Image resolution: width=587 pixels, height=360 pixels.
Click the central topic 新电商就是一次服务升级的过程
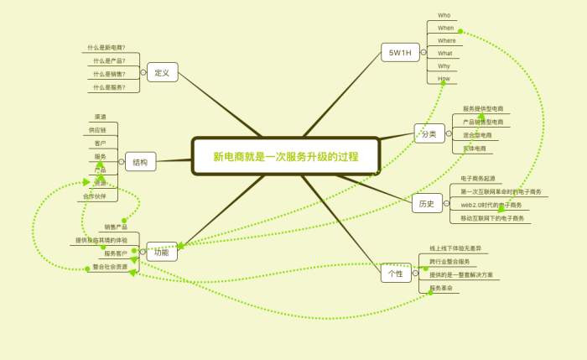pyautogui.click(x=286, y=156)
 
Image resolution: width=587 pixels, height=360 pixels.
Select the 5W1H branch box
pyautogui.click(x=399, y=53)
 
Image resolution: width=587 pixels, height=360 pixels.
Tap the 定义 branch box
pyautogui.click(x=162, y=73)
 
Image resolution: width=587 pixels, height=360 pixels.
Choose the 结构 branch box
pyautogui.click(x=140, y=162)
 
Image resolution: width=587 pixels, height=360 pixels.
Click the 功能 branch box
pyautogui.click(x=162, y=252)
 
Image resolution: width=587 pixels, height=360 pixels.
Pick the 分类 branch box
pyautogui.click(x=429, y=134)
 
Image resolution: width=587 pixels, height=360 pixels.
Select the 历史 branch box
pyautogui.click(x=427, y=203)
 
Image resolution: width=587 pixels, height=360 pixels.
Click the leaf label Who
pyautogui.click(x=444, y=15)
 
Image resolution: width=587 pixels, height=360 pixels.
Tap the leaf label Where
pyautogui.click(x=447, y=40)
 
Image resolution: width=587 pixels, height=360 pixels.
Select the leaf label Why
pyautogui.click(x=444, y=65)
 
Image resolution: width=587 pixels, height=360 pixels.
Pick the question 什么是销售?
pyautogui.click(x=110, y=74)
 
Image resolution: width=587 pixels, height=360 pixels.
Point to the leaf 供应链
pyautogui.click(x=97, y=130)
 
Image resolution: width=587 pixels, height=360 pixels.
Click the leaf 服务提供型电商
pyautogui.click(x=484, y=109)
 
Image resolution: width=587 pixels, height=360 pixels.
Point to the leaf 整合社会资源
pyautogui.click(x=111, y=267)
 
